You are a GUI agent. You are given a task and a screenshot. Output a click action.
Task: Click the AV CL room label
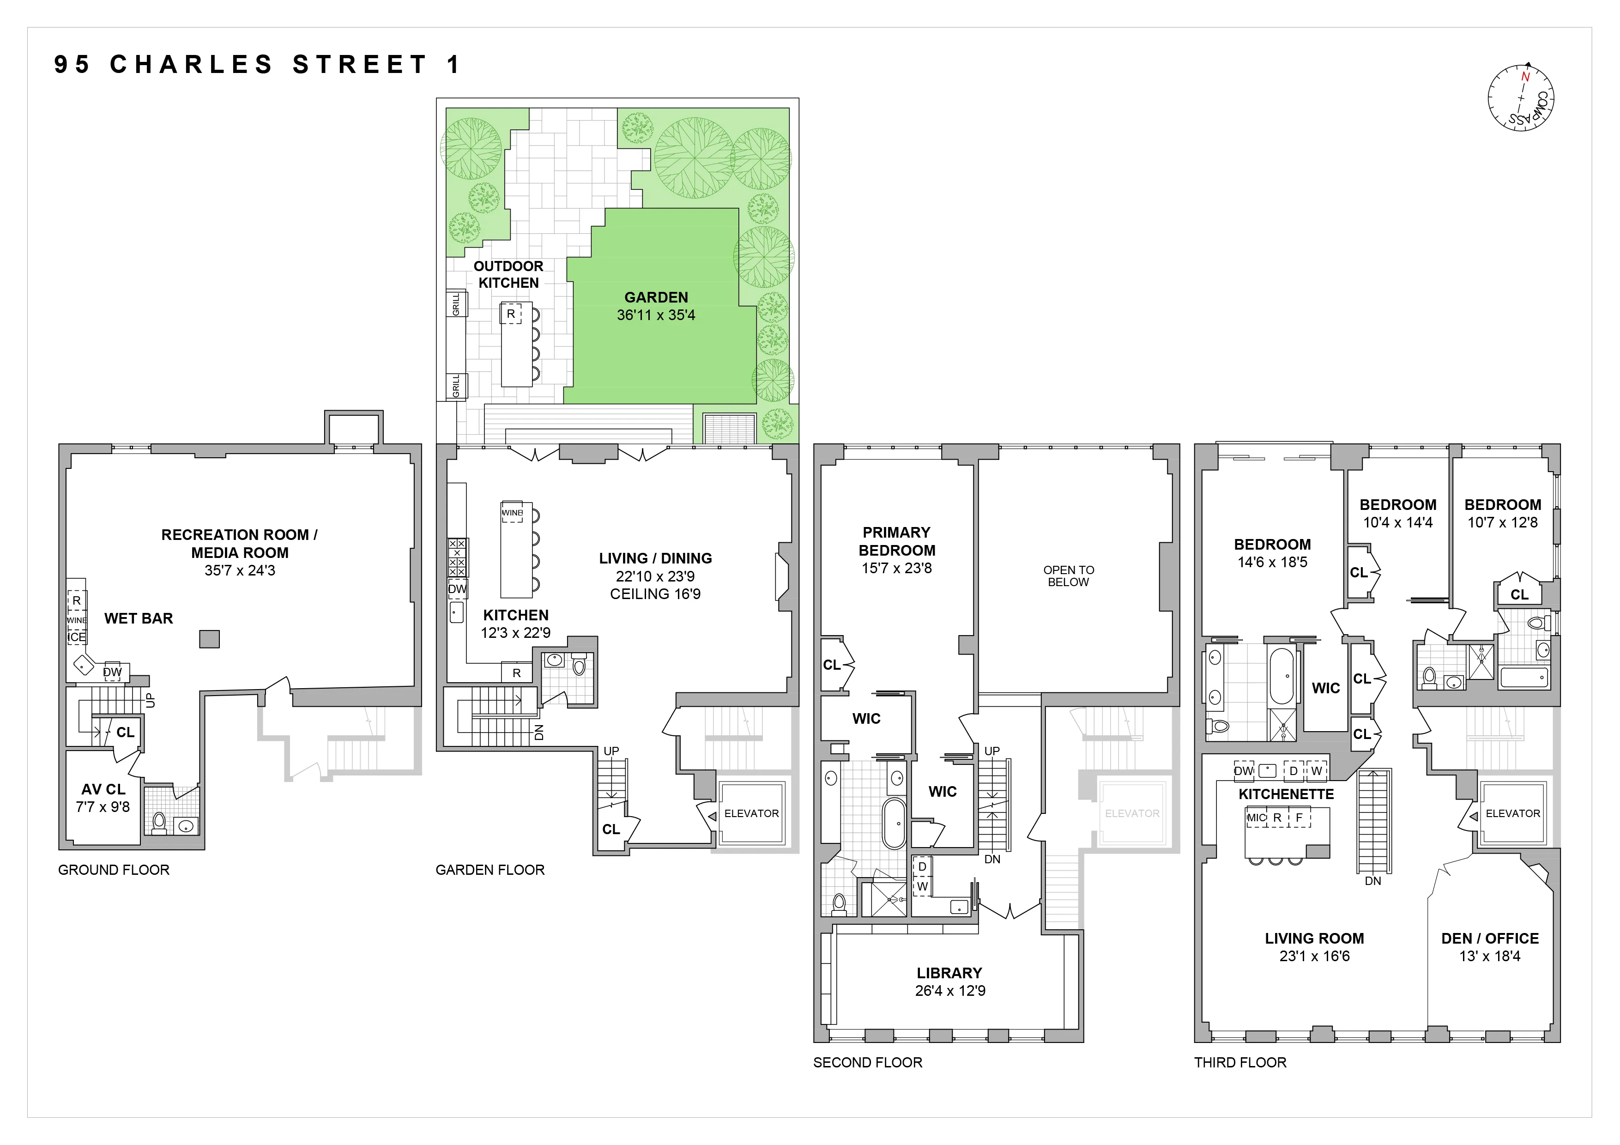click(x=103, y=789)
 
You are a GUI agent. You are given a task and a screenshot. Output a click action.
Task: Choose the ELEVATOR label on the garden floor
click(x=751, y=813)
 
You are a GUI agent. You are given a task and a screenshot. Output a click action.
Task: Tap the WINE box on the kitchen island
click(x=512, y=513)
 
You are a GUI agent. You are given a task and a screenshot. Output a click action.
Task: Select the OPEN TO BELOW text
click(x=1068, y=576)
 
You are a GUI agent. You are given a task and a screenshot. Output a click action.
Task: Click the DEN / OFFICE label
click(x=1489, y=938)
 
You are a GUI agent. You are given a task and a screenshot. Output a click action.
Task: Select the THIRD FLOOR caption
click(x=1239, y=1062)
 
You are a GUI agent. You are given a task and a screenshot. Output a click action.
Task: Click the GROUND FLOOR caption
click(x=114, y=870)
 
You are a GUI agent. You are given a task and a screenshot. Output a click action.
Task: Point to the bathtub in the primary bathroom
click(x=895, y=823)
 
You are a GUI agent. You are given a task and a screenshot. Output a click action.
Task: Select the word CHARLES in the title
click(x=191, y=64)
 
